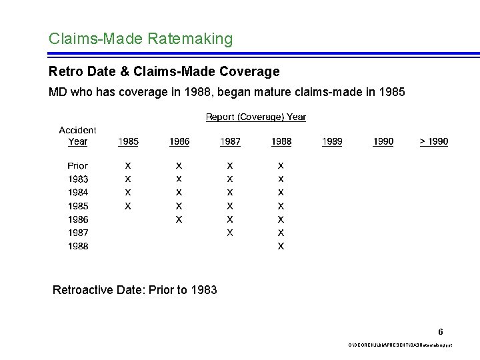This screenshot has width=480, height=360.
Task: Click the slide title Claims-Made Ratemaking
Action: tap(141, 39)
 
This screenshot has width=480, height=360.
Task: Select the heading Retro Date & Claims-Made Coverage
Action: tap(164, 71)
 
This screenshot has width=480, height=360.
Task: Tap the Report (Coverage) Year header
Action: tap(256, 117)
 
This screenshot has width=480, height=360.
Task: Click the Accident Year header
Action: tap(77, 135)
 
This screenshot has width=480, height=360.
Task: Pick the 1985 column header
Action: tap(128, 141)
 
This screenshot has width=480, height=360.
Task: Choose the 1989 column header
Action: tap(332, 141)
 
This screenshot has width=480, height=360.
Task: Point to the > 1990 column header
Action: tap(433, 141)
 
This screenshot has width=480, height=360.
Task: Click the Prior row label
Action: tap(77, 165)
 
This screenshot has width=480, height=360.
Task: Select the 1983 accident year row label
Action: tap(77, 179)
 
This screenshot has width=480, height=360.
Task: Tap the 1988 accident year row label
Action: tap(77, 246)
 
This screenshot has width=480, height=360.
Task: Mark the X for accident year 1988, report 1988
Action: tap(281, 246)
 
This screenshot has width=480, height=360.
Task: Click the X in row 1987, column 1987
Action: tap(230, 233)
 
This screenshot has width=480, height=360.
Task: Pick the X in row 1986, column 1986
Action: tap(179, 219)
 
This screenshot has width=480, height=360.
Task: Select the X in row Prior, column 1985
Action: tap(128, 165)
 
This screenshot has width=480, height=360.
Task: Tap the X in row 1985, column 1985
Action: tap(128, 206)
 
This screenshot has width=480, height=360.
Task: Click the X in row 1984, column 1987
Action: tap(230, 193)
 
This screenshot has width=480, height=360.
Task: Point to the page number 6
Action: tap(441, 331)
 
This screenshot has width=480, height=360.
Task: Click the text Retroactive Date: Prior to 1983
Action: tap(135, 290)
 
